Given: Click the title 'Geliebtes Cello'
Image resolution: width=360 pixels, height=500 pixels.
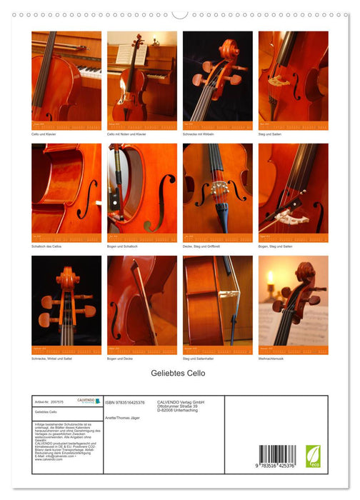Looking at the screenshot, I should point(179,374).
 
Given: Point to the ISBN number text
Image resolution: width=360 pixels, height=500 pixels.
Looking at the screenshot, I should point(125,403).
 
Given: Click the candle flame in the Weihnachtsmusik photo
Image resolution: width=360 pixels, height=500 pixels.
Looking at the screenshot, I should point(271,275).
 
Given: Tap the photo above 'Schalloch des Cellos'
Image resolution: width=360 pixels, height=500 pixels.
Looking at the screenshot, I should point(66,188).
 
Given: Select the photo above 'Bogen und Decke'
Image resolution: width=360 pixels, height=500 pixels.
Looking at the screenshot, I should point(142,300).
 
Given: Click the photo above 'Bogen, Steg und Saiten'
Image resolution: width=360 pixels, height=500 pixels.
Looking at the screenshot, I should point(294,188).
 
